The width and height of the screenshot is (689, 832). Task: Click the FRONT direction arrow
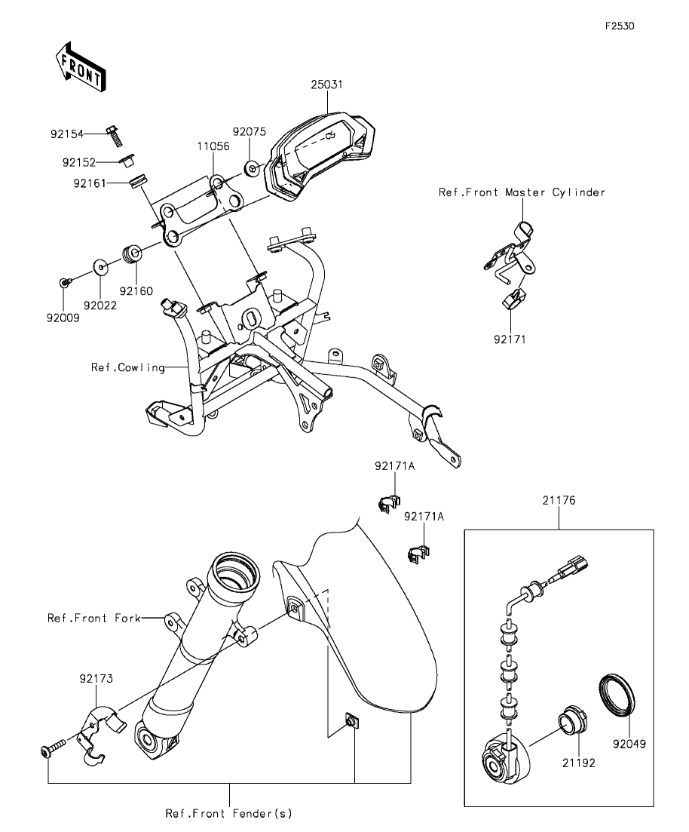[x=81, y=67]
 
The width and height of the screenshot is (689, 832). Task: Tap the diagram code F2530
[x=620, y=26]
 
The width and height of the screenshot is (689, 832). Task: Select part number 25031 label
[x=326, y=84]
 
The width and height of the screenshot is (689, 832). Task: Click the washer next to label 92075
[x=252, y=169]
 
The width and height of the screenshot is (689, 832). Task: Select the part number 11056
[x=213, y=146]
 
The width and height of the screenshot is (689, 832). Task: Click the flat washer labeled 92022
[x=101, y=268]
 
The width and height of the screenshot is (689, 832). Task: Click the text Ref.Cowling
[x=128, y=367]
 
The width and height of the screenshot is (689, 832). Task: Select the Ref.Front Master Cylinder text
[x=522, y=192]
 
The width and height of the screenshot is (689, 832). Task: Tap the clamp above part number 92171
[x=513, y=299]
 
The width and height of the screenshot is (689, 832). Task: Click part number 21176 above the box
[x=559, y=500]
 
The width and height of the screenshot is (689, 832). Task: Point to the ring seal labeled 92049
[x=617, y=695]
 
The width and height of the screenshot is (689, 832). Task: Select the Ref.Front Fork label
[x=94, y=618]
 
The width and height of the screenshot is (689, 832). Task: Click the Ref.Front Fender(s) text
[x=228, y=813]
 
